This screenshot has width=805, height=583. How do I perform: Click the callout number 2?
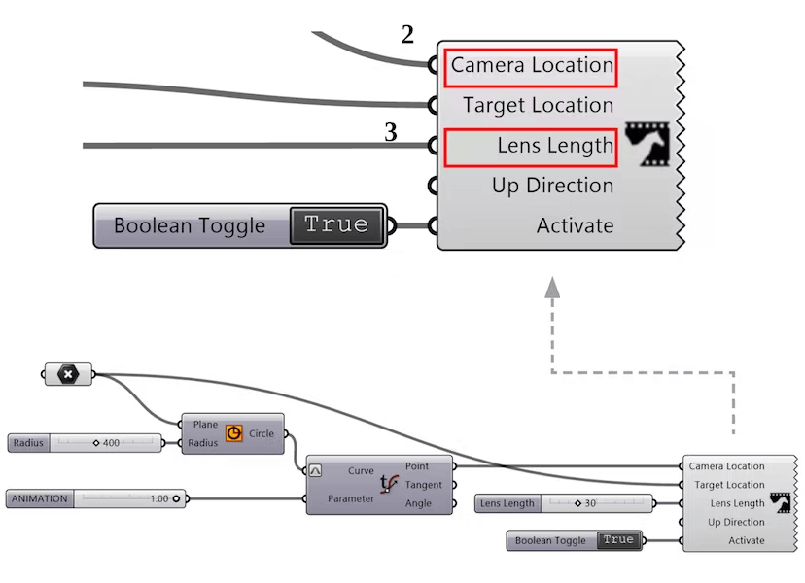(407, 35)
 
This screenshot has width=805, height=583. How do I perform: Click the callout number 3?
(390, 132)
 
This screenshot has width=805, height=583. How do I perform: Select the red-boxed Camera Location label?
(531, 66)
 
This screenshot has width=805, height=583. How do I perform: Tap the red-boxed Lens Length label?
(531, 147)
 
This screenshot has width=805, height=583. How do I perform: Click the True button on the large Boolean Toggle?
(336, 225)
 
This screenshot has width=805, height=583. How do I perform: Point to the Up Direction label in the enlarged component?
(552, 186)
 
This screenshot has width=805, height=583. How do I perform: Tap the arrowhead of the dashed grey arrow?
(552, 286)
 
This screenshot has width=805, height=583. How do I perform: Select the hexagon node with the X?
(68, 374)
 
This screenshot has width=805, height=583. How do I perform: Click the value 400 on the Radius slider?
(110, 443)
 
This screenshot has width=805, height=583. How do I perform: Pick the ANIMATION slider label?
(40, 498)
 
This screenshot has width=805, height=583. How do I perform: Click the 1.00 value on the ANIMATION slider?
(158, 498)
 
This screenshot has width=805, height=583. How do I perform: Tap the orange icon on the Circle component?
(233, 433)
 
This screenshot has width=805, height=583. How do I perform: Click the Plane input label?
(205, 425)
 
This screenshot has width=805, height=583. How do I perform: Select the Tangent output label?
(423, 485)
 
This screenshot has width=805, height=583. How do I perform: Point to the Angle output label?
(418, 503)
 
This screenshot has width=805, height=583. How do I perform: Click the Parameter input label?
(351, 498)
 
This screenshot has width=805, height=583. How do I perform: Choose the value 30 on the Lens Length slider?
(589, 503)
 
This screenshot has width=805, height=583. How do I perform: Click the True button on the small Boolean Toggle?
(617, 540)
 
